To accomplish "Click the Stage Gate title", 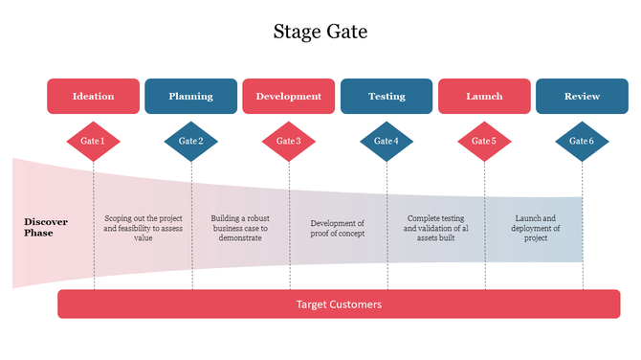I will pyautogui.click(x=320, y=32).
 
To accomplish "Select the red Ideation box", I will pyautogui.click(x=93, y=96).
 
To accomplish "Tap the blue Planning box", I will pyautogui.click(x=190, y=96).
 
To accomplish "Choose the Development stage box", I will pyautogui.click(x=289, y=96).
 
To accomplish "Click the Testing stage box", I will pyautogui.click(x=387, y=96).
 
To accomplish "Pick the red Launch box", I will pyautogui.click(x=484, y=96).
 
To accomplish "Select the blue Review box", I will pyautogui.click(x=582, y=96).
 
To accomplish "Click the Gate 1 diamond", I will pyautogui.click(x=93, y=142).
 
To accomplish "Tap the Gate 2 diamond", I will pyautogui.click(x=190, y=142).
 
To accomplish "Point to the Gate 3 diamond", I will pyautogui.click(x=289, y=142).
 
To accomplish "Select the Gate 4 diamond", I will pyautogui.click(x=387, y=142).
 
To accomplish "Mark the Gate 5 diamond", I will pyautogui.click(x=484, y=142).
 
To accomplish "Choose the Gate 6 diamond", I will pyautogui.click(x=582, y=142).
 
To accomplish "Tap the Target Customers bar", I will pyautogui.click(x=339, y=304).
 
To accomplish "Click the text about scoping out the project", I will pyautogui.click(x=143, y=228).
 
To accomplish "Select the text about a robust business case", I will pyautogui.click(x=240, y=228).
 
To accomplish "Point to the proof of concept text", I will pyautogui.click(x=338, y=228).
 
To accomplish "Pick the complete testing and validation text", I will pyautogui.click(x=435, y=228).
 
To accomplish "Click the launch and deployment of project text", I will pyautogui.click(x=536, y=228).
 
